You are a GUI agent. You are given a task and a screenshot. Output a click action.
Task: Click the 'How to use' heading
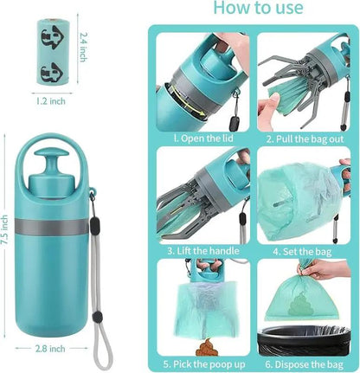tap(257, 9)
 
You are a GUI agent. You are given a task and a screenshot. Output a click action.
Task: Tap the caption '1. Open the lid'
tap(201, 138)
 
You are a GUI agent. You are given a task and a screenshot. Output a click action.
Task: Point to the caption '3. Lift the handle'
tap(201, 251)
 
